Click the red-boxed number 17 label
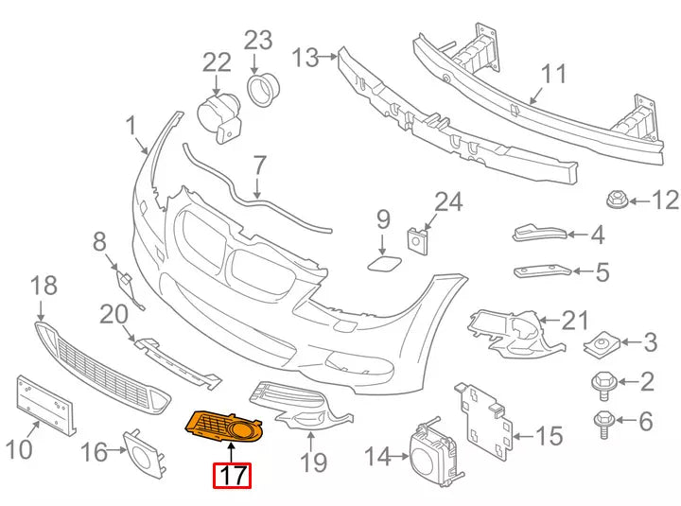(233, 475)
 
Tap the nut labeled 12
(616, 201)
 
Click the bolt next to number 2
(602, 383)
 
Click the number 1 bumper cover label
(131, 125)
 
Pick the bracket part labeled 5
(542, 271)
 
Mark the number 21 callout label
(576, 321)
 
